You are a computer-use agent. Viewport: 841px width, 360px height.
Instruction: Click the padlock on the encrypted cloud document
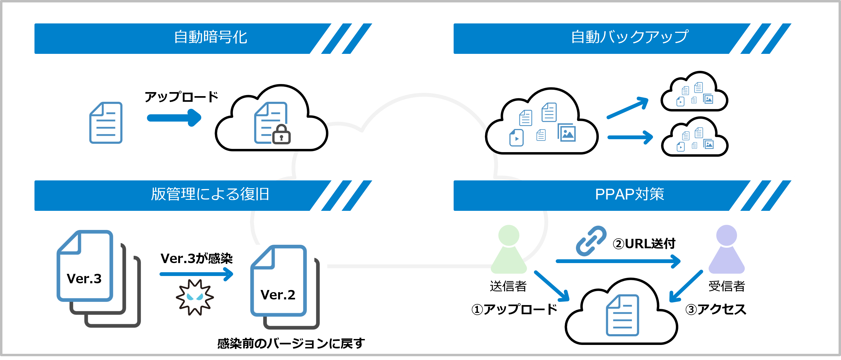point(281,134)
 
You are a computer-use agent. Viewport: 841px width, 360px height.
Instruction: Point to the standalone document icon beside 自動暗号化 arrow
point(106,123)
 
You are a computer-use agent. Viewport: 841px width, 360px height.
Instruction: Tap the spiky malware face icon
point(195,297)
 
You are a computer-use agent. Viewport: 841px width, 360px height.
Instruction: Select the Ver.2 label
point(278,295)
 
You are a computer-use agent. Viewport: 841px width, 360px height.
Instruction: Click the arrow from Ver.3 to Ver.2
point(196,274)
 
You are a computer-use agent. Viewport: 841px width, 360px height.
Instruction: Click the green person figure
point(509,249)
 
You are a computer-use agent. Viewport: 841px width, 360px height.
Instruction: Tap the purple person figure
point(727,249)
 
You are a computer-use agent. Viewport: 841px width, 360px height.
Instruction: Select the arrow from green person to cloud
point(551,286)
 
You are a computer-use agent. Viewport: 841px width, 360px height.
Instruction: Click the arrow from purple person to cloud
point(686,286)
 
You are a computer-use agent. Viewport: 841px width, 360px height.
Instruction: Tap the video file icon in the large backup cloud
point(516,138)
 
